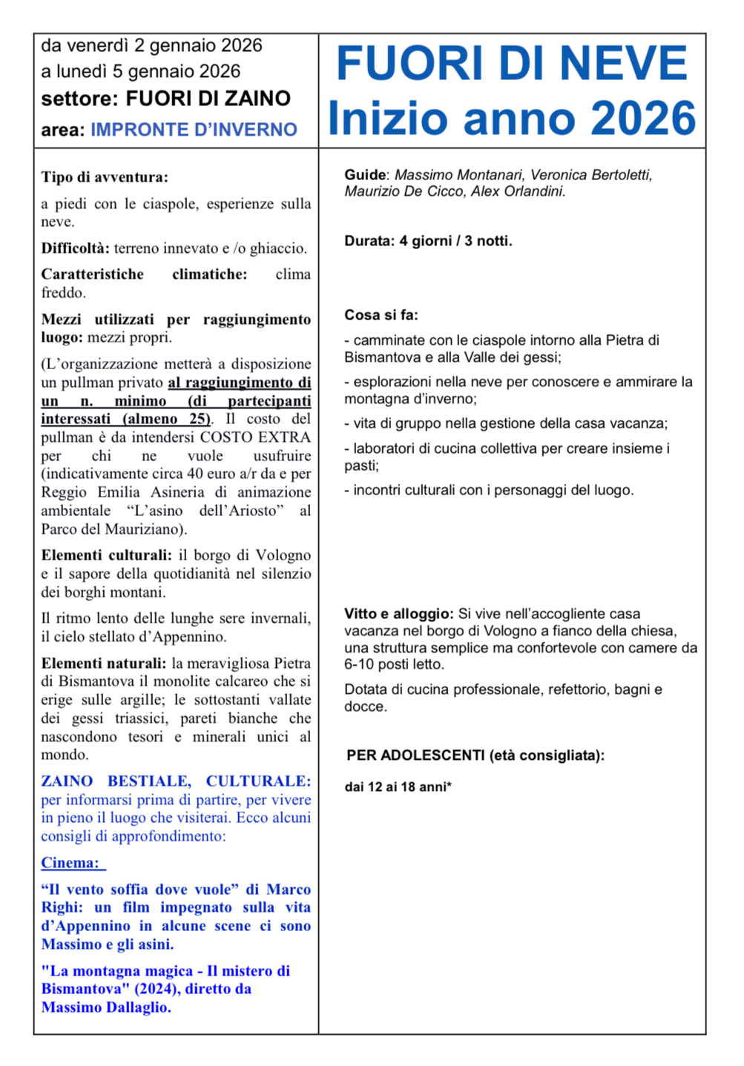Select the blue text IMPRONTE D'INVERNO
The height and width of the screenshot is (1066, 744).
point(194,130)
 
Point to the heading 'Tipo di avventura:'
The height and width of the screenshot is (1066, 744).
point(105,177)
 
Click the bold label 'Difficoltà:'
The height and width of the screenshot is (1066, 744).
point(75,248)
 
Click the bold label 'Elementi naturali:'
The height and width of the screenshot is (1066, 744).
point(103,663)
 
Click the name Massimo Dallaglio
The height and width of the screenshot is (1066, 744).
point(106,1007)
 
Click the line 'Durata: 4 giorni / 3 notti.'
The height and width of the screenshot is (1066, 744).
point(428,241)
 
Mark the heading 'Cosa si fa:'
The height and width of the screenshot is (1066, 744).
point(381,315)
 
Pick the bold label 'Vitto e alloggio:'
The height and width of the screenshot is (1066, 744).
point(398,614)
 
